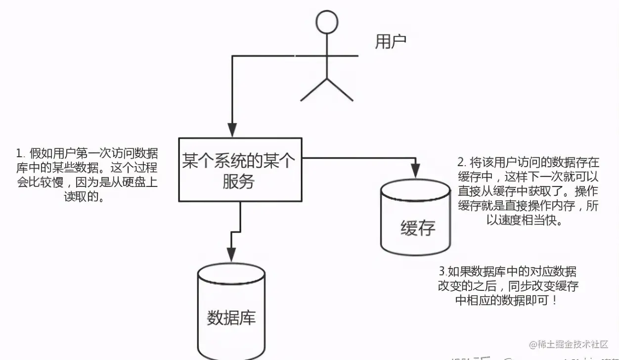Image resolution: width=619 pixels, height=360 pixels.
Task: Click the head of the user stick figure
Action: coord(327,22)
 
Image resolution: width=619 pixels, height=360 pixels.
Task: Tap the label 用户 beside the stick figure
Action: coord(391,42)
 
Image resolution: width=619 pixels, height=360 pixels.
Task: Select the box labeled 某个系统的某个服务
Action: coord(240,170)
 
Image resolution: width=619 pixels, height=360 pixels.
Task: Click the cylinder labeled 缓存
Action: coord(415,218)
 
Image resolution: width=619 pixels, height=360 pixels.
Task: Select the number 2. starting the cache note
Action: coord(461,162)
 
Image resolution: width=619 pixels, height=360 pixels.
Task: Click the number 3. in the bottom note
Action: coord(442,271)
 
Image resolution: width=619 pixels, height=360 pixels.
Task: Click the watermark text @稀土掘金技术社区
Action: coord(569,344)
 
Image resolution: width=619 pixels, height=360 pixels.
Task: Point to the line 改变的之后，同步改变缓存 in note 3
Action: coord(508,286)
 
